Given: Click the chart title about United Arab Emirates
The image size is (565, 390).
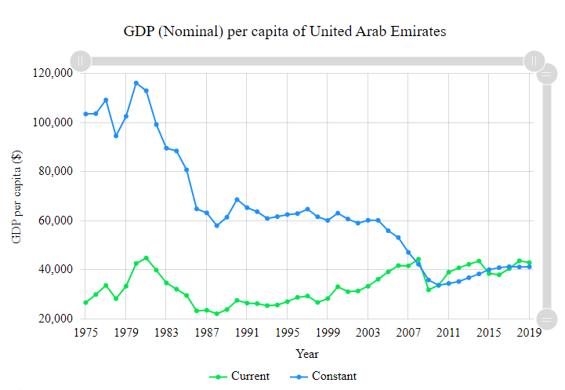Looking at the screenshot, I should point(284,32).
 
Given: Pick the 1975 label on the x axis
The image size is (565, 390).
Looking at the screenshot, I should point(86,333).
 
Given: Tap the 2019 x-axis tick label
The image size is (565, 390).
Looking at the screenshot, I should point(530,333).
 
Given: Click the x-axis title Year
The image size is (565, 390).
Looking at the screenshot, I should point(307,354).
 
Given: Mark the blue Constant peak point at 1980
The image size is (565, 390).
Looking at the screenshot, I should point(136,83).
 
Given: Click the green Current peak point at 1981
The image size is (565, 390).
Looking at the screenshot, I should point(147,258).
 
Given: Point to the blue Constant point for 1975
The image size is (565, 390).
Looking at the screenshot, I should point(86,114).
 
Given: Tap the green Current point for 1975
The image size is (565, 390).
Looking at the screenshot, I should point(86,302).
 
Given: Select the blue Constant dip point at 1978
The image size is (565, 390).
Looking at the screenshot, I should point(116,136).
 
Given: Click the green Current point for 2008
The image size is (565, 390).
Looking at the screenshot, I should point(418,259).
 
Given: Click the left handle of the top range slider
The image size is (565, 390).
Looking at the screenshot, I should point(80,60).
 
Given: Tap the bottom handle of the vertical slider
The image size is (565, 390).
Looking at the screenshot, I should point(547,319).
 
